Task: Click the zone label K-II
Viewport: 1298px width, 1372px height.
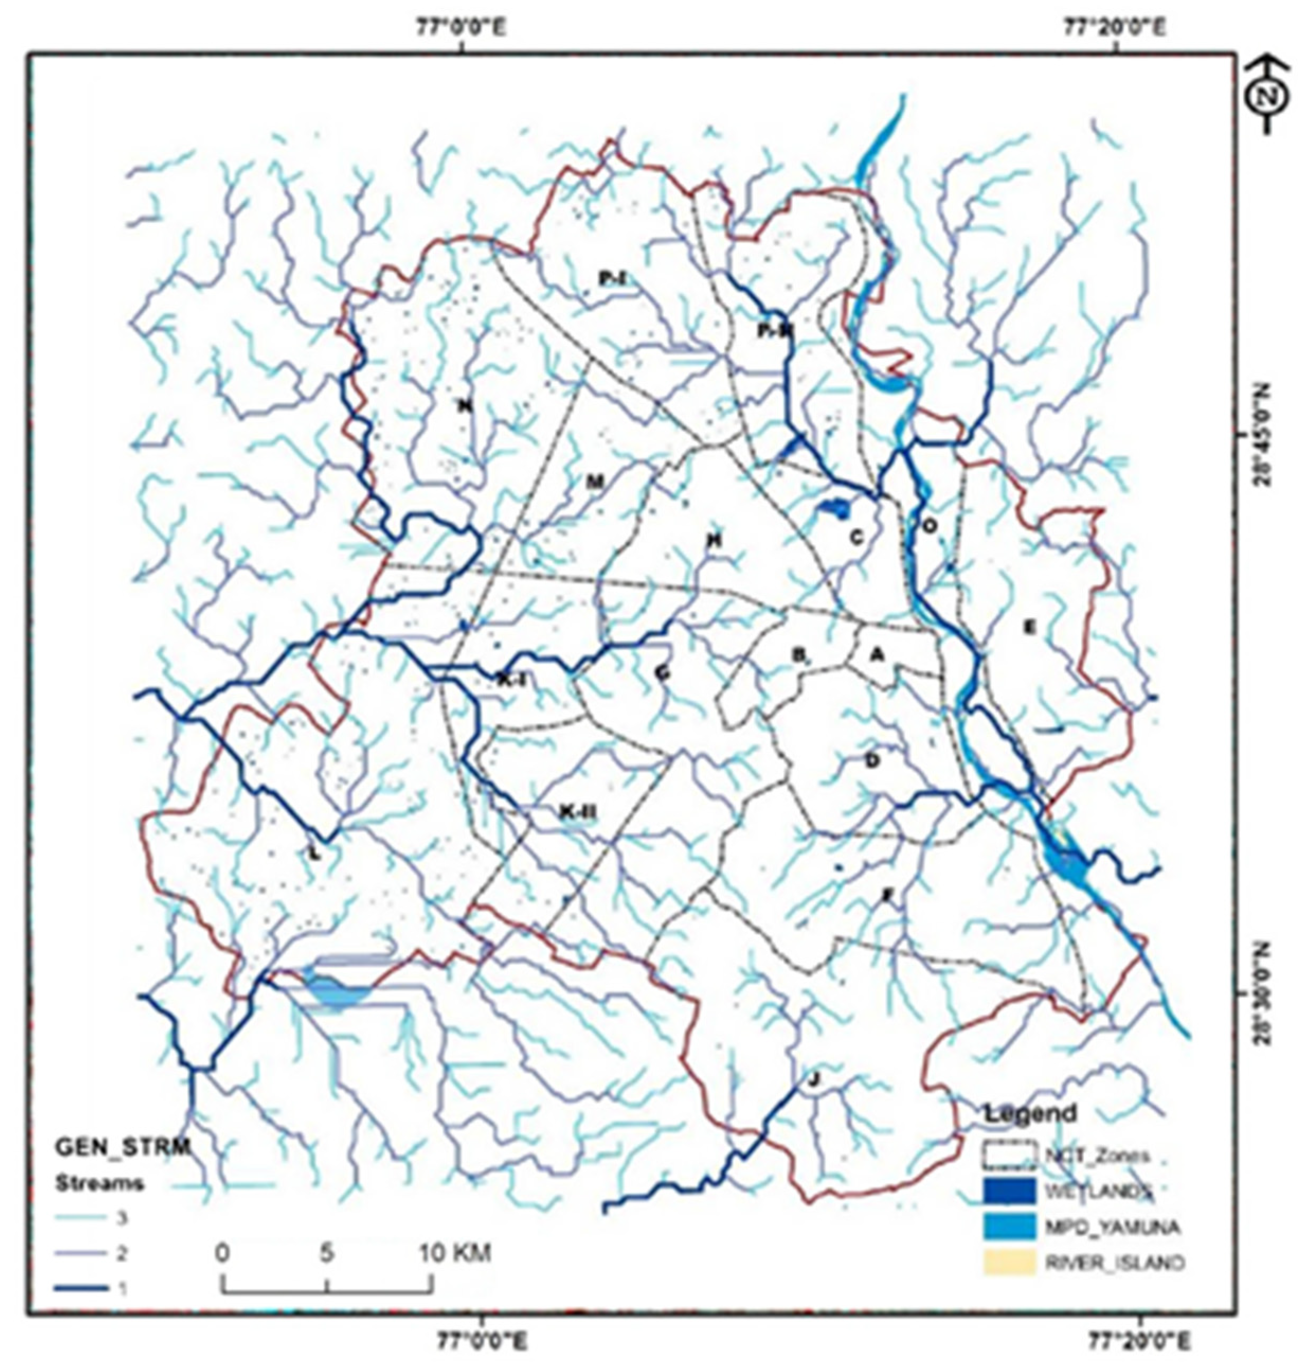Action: (578, 812)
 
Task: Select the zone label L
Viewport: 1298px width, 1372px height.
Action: (316, 853)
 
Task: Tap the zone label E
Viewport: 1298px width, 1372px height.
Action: (1030, 627)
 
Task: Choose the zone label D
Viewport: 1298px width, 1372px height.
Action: (872, 761)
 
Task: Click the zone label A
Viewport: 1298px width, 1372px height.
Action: (877, 654)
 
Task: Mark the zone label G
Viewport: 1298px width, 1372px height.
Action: (663, 672)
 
